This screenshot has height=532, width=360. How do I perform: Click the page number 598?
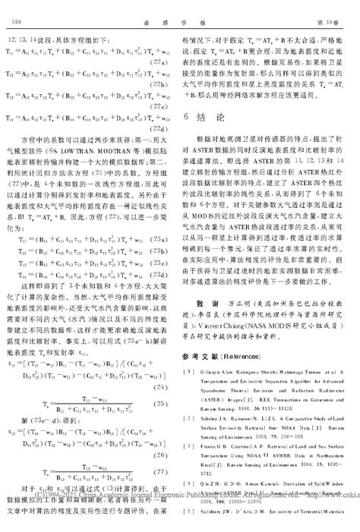point(14,9)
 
